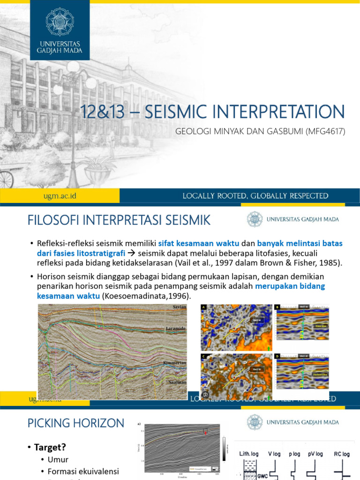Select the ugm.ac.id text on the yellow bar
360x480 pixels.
point(60,196)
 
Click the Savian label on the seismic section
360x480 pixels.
point(179,307)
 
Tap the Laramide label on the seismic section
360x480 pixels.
point(176,329)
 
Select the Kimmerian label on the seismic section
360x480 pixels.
point(175,364)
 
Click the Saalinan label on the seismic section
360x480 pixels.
point(177,382)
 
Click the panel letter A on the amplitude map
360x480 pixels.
point(204,307)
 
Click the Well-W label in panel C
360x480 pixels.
point(257,369)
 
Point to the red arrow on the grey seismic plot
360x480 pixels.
point(205,432)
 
